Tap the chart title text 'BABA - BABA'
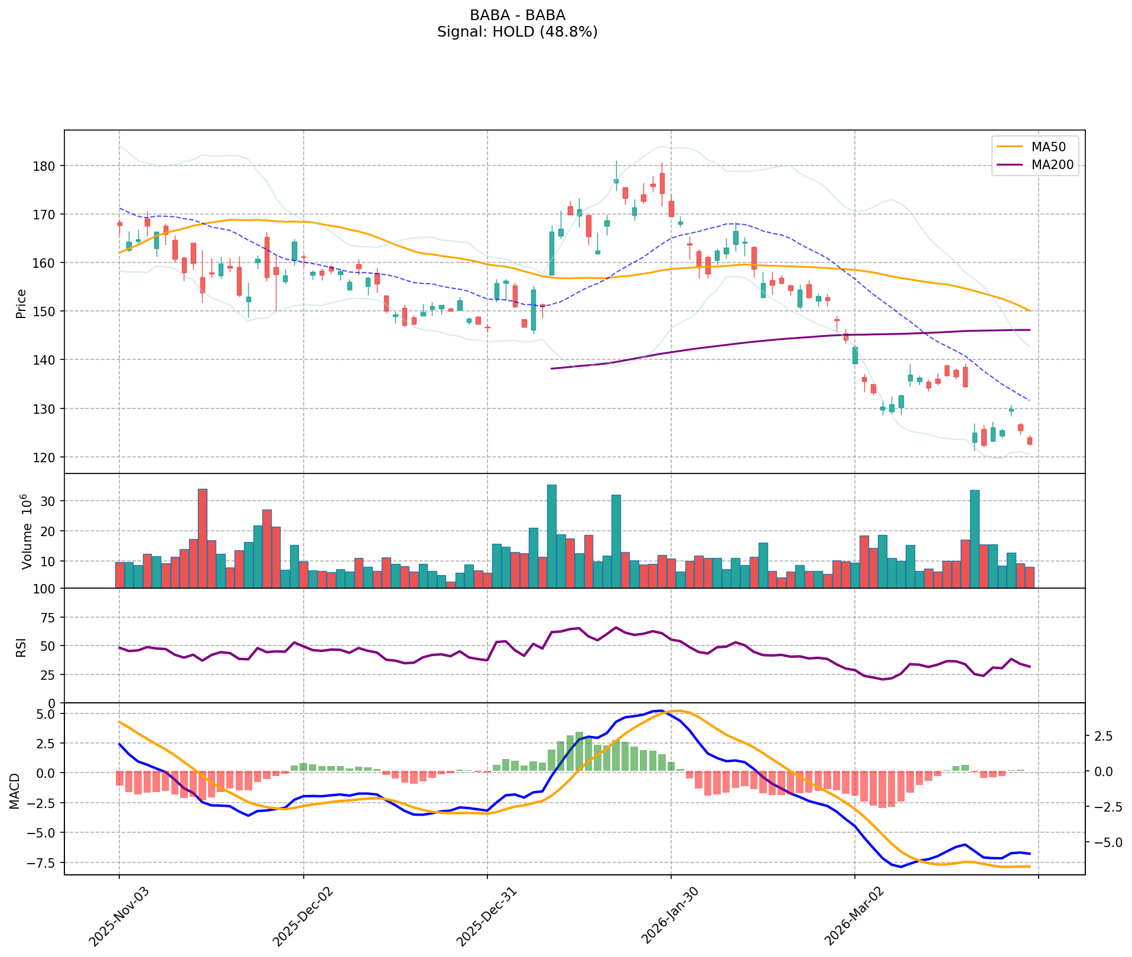(517, 15)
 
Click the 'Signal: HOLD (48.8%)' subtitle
(517, 32)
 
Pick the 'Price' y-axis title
(21, 304)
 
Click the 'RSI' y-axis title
(21, 647)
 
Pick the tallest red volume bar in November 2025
(202, 538)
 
